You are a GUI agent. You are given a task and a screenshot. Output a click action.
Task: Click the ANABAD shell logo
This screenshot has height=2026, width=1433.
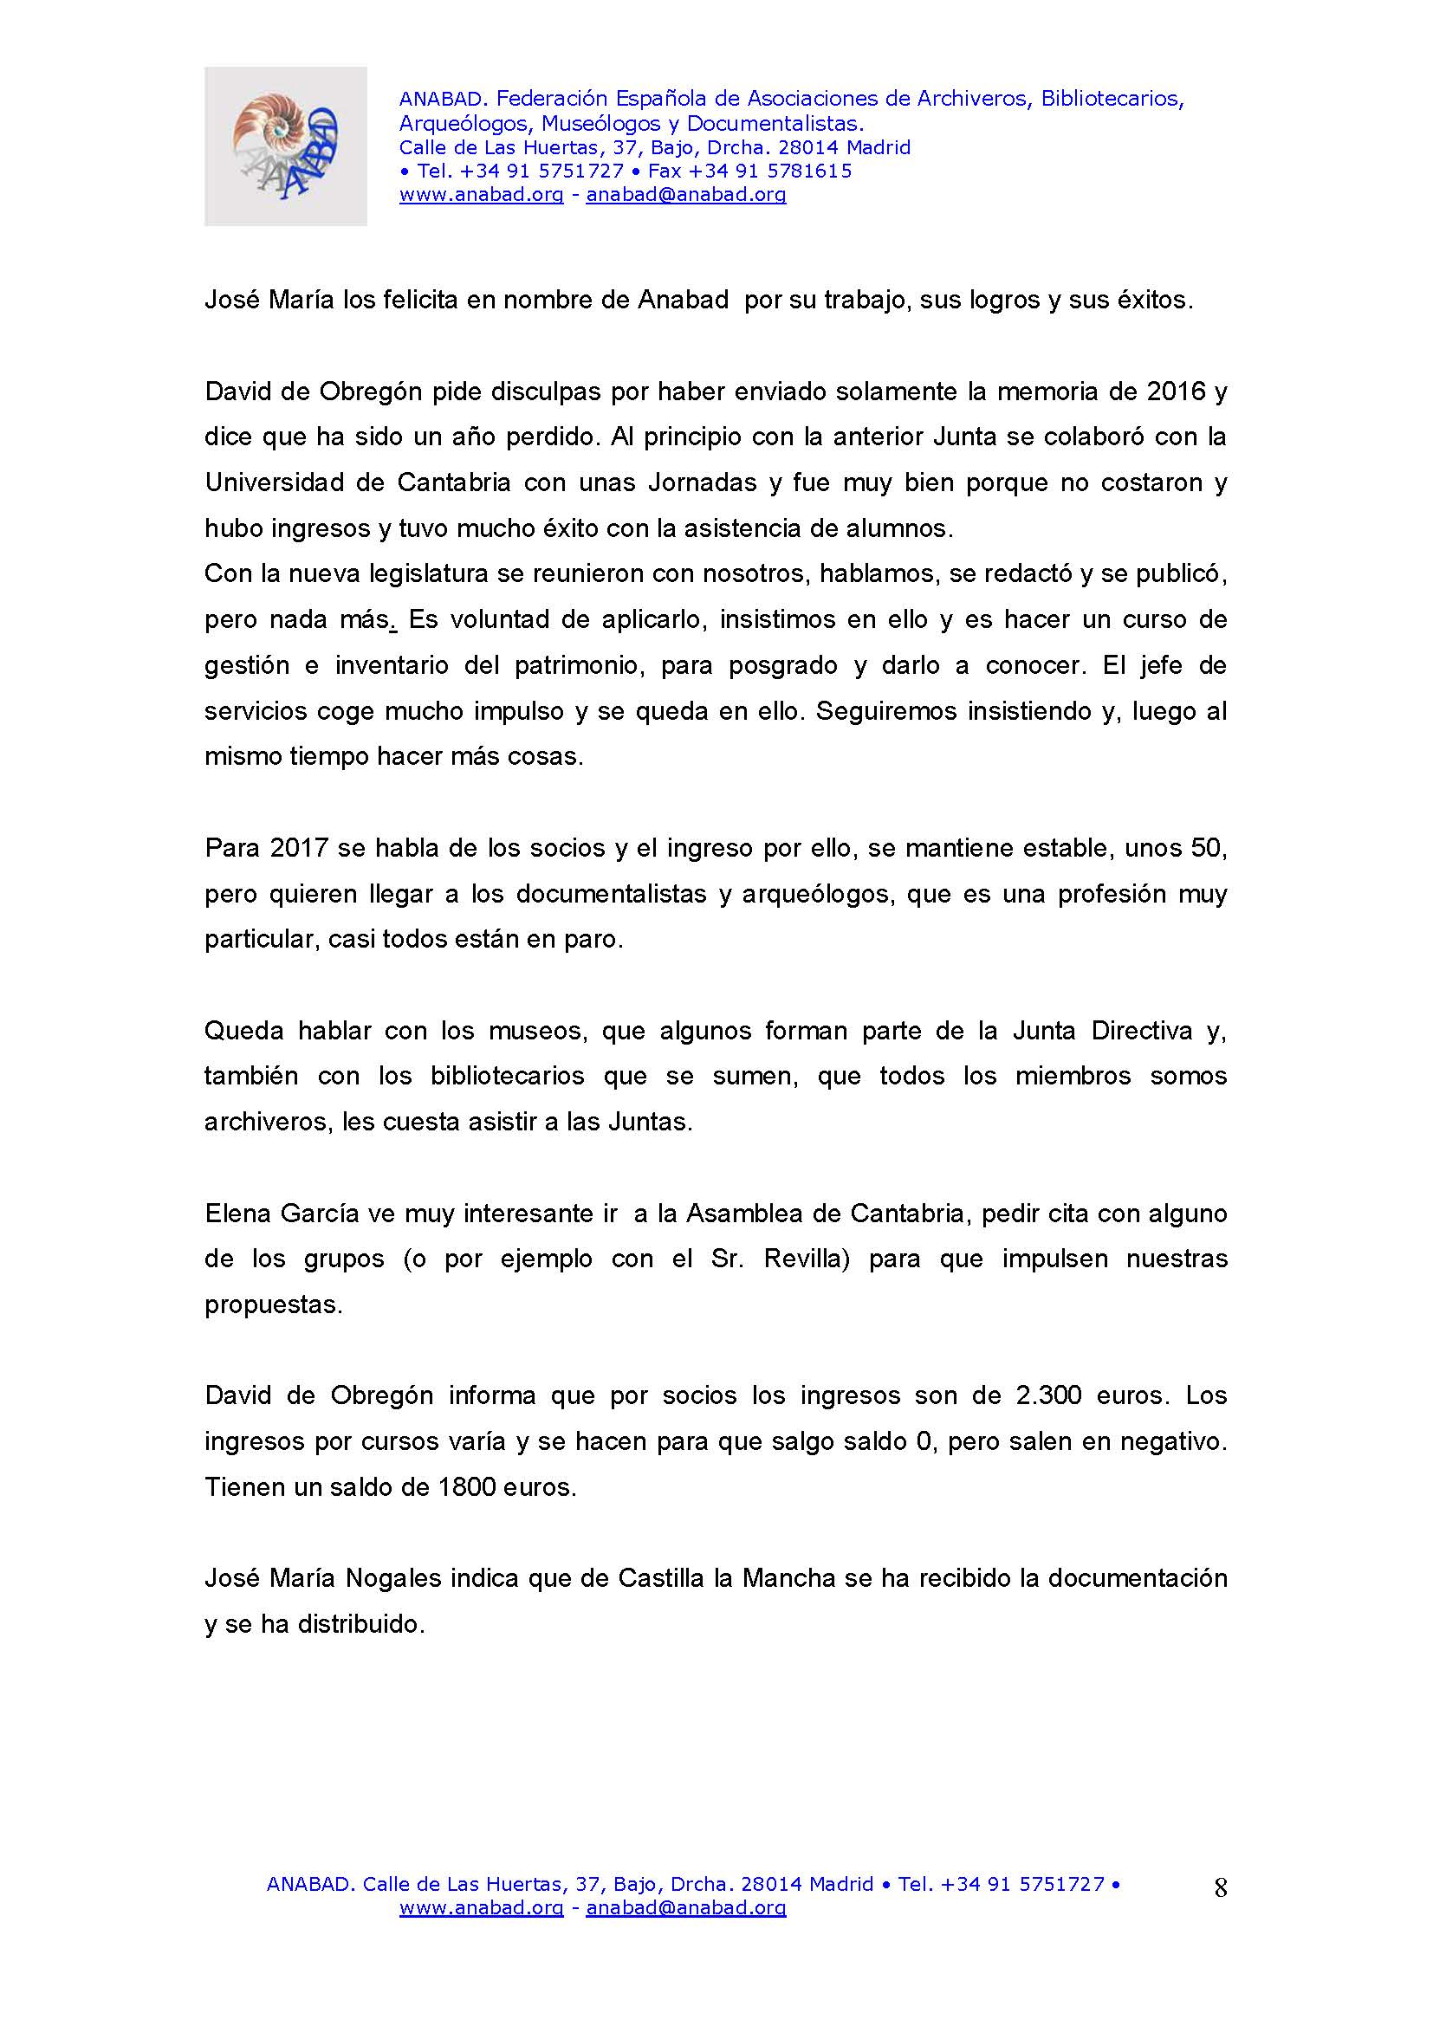pos(286,146)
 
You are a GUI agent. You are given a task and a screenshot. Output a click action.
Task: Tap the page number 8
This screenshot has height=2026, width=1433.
pos(1221,1887)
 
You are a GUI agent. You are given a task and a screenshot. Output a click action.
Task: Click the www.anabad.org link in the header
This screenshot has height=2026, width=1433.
pos(481,195)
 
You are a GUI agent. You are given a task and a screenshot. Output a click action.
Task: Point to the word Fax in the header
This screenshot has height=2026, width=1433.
pos(665,172)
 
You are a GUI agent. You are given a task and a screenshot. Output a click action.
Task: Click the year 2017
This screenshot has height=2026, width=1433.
pos(299,848)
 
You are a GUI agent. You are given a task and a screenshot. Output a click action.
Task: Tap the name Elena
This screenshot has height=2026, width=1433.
pos(238,1214)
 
